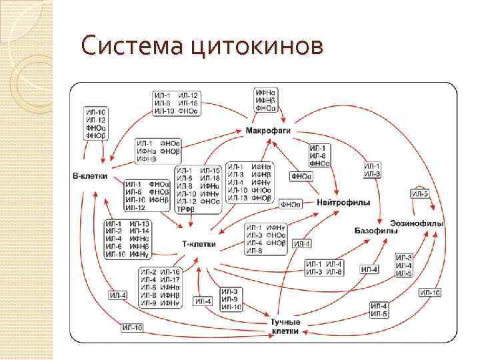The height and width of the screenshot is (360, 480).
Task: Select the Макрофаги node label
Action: click(x=268, y=131)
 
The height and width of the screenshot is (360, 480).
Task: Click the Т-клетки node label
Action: click(x=199, y=244)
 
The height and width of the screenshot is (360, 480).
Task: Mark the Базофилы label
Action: click(x=376, y=230)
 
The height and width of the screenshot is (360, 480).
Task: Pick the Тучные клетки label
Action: click(x=285, y=327)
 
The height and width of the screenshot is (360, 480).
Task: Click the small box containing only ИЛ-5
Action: click(x=421, y=193)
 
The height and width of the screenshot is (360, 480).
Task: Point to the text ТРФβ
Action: click(x=185, y=209)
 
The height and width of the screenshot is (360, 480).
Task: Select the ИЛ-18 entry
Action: click(x=210, y=178)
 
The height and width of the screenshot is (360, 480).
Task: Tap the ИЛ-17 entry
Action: click(x=171, y=279)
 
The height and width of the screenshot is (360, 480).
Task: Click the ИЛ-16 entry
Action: click(x=171, y=271)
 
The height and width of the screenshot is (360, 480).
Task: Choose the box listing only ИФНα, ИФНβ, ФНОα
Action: click(x=268, y=99)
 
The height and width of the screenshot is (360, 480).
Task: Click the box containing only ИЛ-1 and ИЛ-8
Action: click(x=373, y=169)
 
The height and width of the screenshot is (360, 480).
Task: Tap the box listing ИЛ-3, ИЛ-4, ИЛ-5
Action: click(x=404, y=265)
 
